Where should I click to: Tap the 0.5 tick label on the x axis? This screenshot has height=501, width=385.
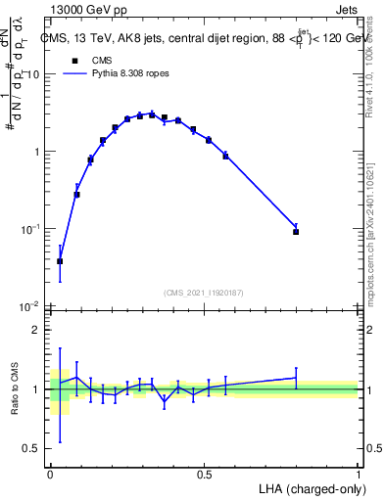204,475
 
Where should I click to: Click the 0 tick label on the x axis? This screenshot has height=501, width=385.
50,475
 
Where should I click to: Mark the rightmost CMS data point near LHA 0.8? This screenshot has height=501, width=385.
296,232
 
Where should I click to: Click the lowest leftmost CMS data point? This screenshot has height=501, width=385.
60,261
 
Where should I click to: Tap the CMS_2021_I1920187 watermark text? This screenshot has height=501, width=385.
204,293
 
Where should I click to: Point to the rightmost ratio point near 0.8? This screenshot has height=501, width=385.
296,378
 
